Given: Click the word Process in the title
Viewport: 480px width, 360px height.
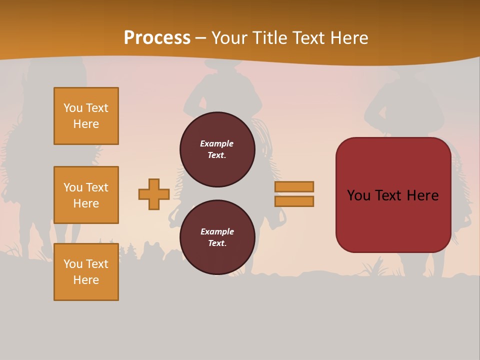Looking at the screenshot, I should coord(157,38).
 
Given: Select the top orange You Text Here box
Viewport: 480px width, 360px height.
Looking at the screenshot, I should coord(86,116).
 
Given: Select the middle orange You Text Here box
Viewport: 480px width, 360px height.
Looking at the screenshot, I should coord(86,195).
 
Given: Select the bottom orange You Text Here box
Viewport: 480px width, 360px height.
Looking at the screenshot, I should coord(86,272).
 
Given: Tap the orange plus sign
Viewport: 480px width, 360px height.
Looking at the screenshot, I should coord(154,194).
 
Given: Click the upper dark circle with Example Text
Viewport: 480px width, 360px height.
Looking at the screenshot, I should coord(217,149).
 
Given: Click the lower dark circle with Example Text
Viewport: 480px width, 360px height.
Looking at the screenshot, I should coord(217,237).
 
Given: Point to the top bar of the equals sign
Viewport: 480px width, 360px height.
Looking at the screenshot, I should coord(294,186).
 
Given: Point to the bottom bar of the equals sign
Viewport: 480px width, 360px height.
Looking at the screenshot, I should coord(294,201).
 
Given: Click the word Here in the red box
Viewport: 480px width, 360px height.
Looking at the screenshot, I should coord(422,195).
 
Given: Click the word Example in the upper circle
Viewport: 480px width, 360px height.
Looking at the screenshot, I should coord(217,143).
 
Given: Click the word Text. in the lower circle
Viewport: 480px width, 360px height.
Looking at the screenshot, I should coord(217,243).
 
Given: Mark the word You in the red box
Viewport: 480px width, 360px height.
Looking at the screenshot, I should coord(358,195).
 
